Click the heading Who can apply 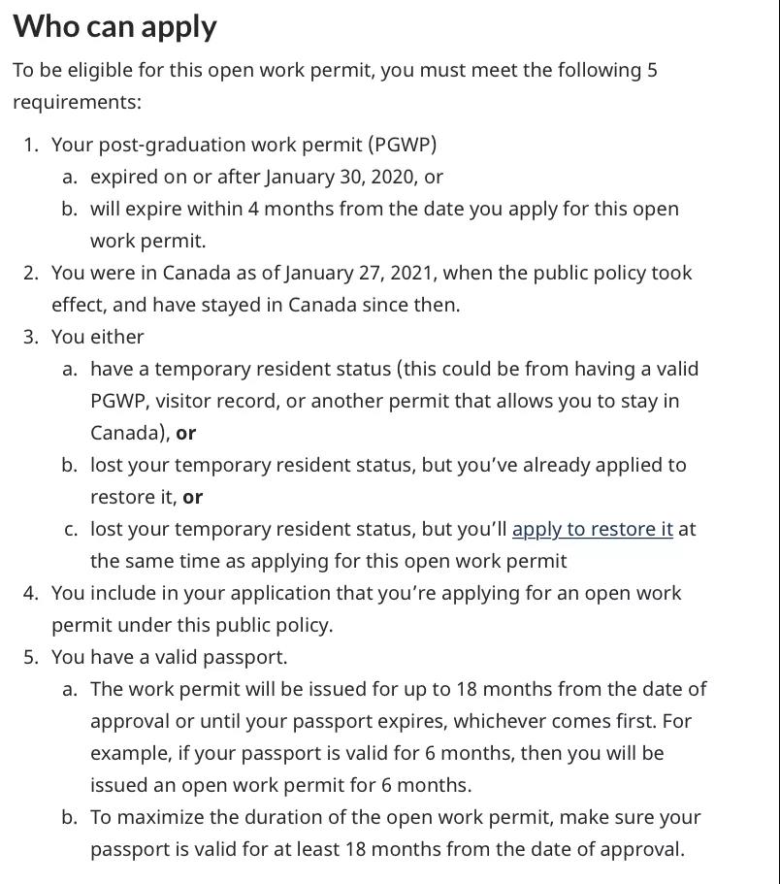coord(114,26)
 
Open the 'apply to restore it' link coord(592,529)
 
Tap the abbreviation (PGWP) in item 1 coord(402,145)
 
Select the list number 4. coord(31,593)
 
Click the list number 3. coord(31,337)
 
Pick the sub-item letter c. coord(70,529)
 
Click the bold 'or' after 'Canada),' coord(186,433)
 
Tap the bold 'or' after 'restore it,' coord(193,497)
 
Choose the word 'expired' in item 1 coord(122,177)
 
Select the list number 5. coord(31,657)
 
